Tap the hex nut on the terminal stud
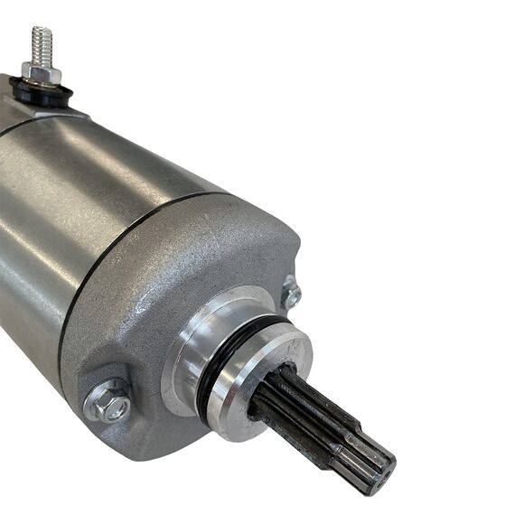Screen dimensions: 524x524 pyautogui.click(x=41, y=72)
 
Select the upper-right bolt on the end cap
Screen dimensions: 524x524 pyautogui.click(x=291, y=293)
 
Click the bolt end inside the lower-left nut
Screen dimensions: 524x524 pyautogui.click(x=111, y=406)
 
